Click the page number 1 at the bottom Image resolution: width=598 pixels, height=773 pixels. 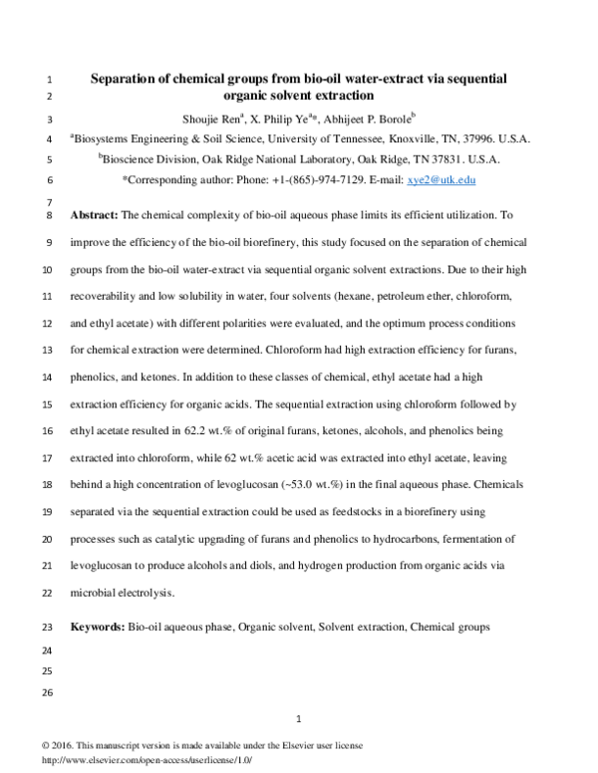[299, 719]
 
